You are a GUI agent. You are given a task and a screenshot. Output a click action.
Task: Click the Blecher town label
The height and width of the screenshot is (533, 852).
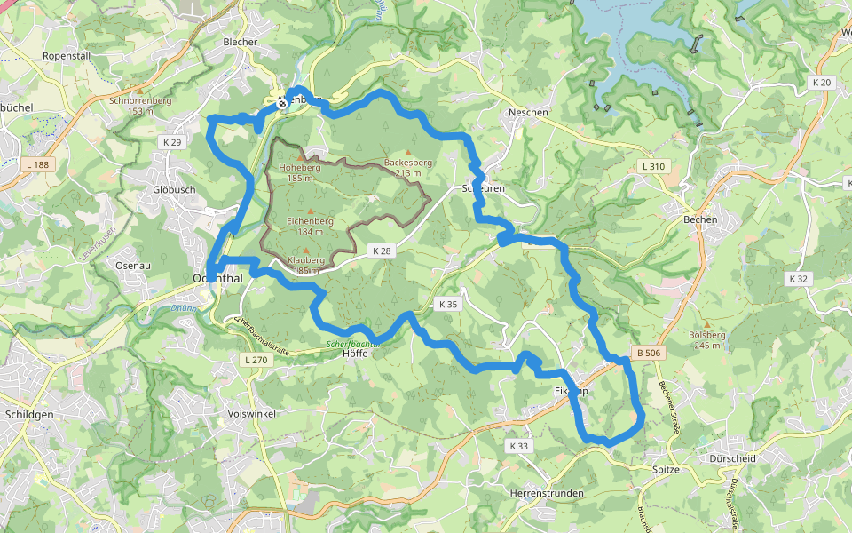tap(240, 42)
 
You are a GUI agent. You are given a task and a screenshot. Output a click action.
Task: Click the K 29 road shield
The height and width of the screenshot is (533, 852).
tap(171, 142)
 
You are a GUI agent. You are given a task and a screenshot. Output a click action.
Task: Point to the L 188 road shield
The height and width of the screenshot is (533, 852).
tap(38, 164)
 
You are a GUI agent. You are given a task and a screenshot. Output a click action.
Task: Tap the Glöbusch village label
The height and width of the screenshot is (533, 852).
tap(174, 189)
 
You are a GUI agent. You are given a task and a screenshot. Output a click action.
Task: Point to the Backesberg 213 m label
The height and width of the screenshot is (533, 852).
tap(408, 167)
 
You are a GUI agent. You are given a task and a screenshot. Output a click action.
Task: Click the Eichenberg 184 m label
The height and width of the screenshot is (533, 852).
tap(310, 226)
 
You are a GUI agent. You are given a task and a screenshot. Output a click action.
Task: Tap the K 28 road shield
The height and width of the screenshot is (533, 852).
tap(382, 251)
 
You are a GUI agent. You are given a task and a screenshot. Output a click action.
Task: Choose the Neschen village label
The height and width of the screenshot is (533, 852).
tap(528, 113)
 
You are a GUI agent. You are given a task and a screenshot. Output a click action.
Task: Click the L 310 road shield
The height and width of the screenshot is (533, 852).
tap(652, 166)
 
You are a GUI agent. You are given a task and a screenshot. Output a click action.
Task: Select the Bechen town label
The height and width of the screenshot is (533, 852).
tap(700, 219)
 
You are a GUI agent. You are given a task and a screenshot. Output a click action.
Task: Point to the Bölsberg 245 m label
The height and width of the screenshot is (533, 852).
tap(707, 339)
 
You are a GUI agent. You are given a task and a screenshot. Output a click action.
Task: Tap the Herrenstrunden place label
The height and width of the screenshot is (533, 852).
tap(547, 492)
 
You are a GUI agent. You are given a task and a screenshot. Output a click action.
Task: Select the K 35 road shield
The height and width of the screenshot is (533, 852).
tap(448, 304)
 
